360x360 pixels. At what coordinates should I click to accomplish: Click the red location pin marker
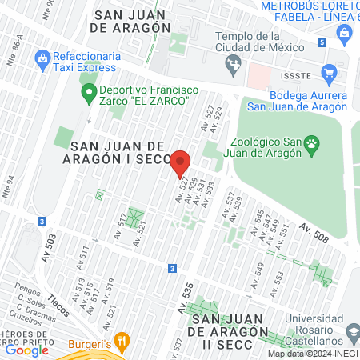tap(181, 164)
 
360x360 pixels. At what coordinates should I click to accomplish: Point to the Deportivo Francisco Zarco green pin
tap(90, 94)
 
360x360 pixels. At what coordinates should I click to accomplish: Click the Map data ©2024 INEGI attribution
tap(312, 354)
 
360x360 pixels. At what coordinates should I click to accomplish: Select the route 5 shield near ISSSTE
tap(321, 42)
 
